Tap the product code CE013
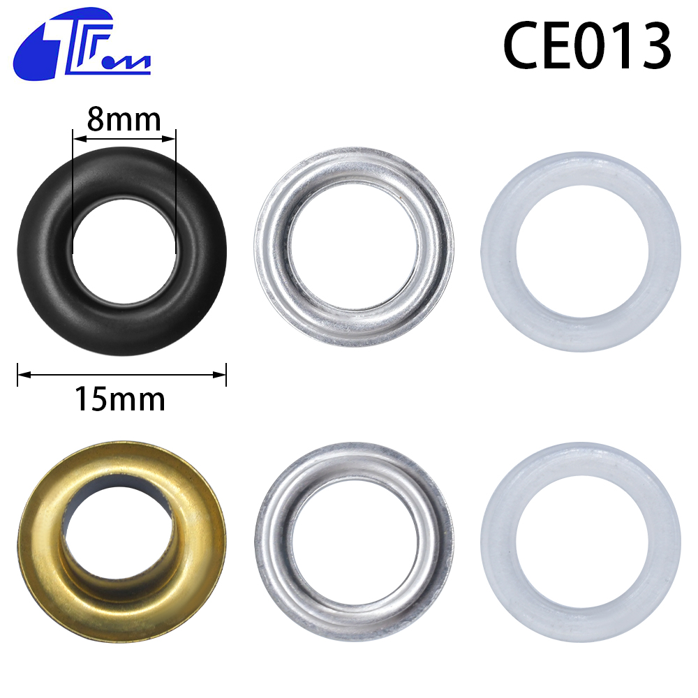587,46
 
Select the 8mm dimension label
124,119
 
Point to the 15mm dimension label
120,399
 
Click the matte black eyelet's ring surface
45,251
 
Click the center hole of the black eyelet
124,252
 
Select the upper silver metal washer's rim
272,248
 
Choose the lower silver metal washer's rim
272,542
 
